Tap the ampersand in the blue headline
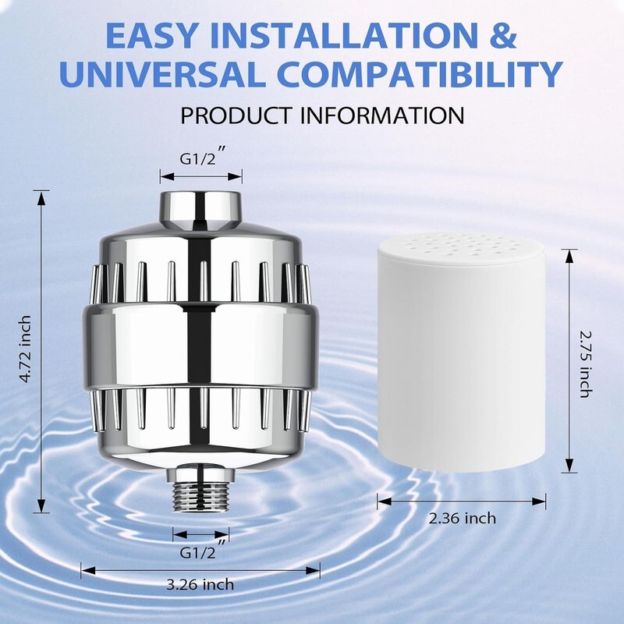tap(504, 35)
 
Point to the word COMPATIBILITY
tap(420, 74)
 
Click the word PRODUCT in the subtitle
tap(236, 115)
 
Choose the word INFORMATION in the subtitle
tap(382, 115)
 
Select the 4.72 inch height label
tap(25, 349)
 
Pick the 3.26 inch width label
tap(200, 584)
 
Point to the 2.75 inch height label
tap(584, 364)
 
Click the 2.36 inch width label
tap(462, 519)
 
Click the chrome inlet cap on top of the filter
tap(201, 211)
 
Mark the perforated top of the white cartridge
tap(461, 246)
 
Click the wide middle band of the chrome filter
tap(200, 346)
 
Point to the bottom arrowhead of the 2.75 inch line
tap(569, 466)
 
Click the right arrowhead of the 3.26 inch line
tap(313, 571)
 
